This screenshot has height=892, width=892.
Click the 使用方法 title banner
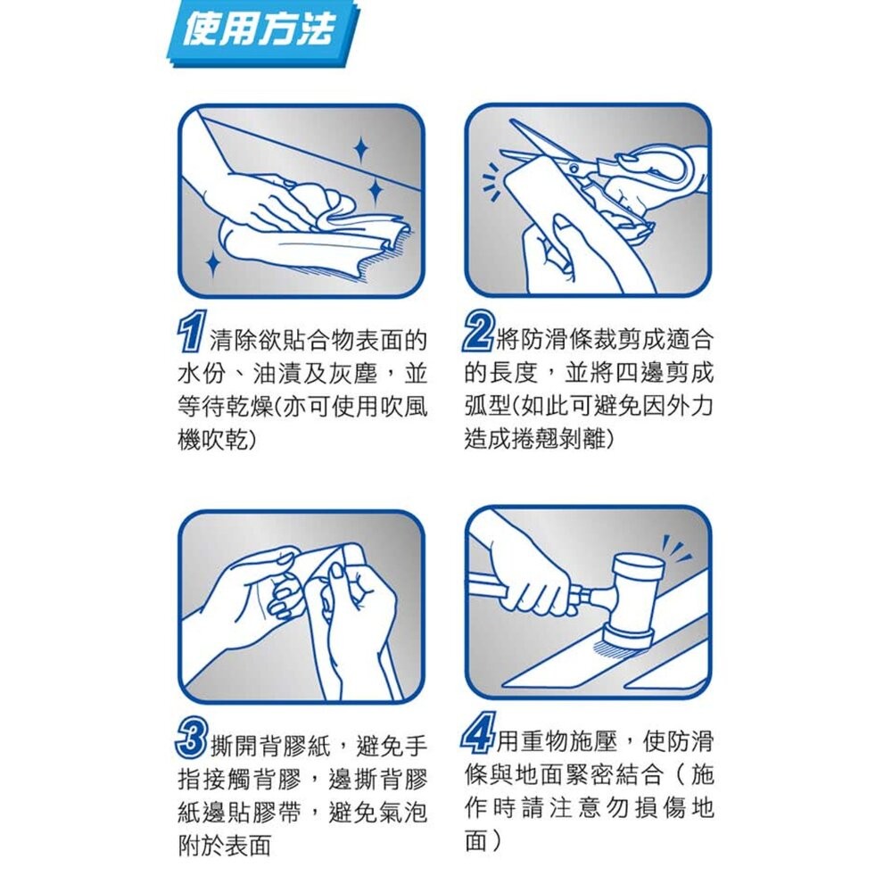point(260,32)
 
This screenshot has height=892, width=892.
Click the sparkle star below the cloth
point(212,262)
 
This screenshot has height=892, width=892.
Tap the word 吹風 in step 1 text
point(401,405)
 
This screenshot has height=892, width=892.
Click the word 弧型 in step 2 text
point(486,406)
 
